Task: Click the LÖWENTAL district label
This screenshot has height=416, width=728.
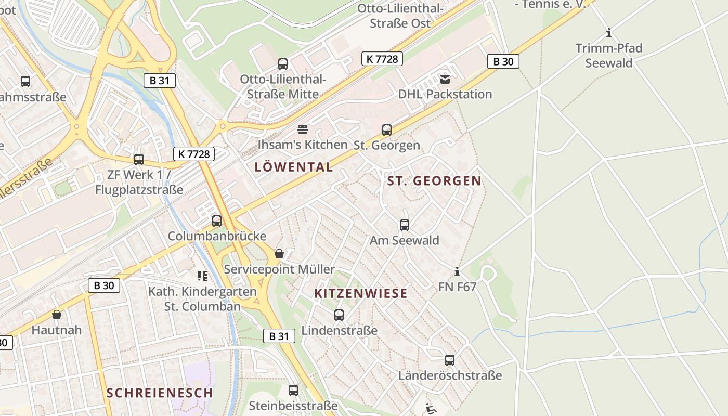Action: coord(294,167)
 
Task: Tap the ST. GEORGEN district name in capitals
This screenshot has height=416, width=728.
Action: coord(434,181)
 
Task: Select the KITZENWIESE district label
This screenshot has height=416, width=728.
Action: coord(361,293)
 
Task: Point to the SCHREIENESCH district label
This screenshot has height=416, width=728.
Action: coord(160,393)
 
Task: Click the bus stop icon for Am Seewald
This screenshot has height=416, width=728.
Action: coord(405,225)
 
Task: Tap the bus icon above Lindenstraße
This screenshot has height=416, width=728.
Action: coord(339,315)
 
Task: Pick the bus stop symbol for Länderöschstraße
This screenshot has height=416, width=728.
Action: coord(450,360)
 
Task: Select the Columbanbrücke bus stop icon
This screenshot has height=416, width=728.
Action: coord(217,221)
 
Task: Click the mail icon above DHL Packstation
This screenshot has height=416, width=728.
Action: coord(445,80)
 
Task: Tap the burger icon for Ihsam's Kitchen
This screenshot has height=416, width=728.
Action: coord(303,129)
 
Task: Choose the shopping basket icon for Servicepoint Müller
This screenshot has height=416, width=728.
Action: coord(279,254)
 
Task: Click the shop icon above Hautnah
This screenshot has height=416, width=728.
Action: coord(57,315)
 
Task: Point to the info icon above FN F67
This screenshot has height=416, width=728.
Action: coord(457,271)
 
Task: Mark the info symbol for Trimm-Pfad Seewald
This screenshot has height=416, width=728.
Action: coord(608,33)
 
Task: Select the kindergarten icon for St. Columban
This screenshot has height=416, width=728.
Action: coord(202,276)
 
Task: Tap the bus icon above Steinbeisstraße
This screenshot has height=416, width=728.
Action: coord(293,391)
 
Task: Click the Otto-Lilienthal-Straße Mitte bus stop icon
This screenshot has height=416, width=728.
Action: coord(283,64)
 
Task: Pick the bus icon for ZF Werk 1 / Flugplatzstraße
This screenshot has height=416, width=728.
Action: coord(139,160)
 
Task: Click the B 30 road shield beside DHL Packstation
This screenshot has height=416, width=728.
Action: coord(503,61)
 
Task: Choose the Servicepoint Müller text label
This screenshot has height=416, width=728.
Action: coord(279,269)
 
